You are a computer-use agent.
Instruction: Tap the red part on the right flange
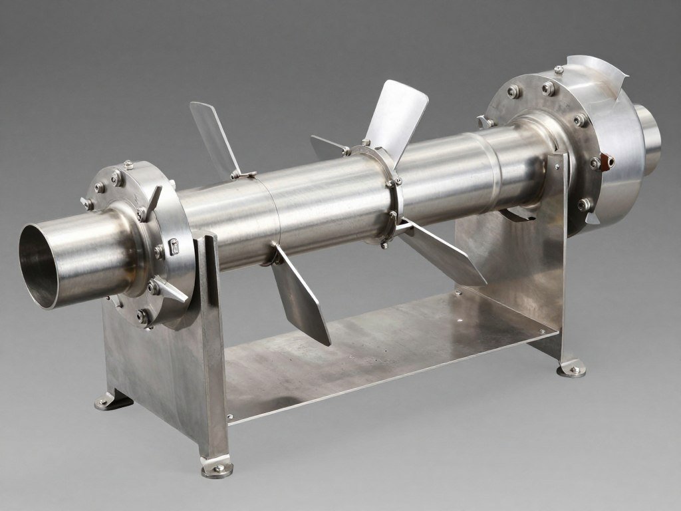pos(606,160)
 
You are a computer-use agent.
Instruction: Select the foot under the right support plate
pos(571,368)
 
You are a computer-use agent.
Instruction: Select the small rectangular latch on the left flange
pos(174,246)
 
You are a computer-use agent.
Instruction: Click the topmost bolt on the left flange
pos(128,164)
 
